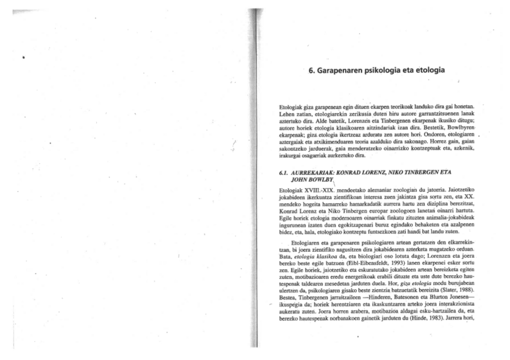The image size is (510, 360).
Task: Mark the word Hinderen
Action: pos(384,296)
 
